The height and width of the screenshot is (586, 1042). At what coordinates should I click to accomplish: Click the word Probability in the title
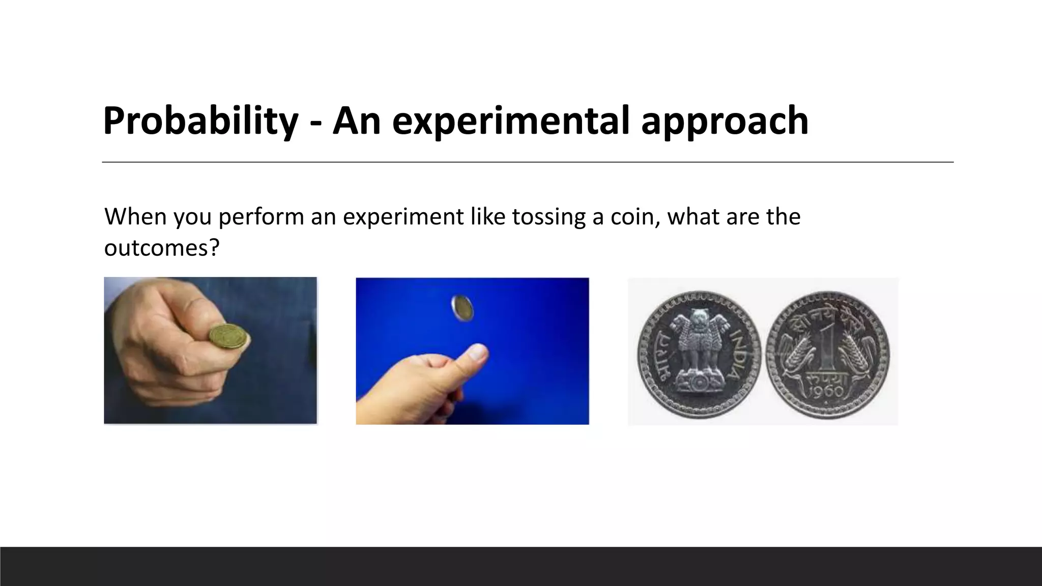(200, 121)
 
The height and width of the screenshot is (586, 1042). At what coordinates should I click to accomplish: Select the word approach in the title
(725, 121)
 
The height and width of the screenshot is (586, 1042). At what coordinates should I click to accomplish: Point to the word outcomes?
(161, 248)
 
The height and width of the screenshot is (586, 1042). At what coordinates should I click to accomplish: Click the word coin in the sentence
(635, 217)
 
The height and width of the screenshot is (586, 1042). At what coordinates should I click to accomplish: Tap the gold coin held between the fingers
(229, 337)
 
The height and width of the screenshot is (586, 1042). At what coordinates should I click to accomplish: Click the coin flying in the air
(462, 308)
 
